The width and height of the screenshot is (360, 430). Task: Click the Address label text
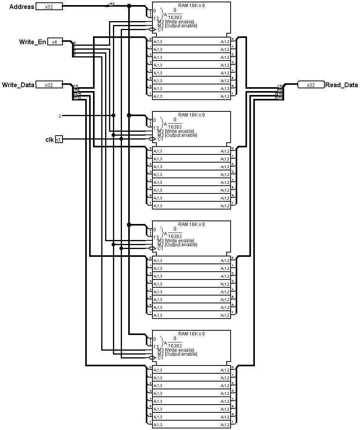(21, 7)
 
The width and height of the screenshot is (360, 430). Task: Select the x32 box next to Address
(49, 7)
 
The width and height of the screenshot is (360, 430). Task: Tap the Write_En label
(32, 42)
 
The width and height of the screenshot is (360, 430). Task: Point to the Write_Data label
(18, 85)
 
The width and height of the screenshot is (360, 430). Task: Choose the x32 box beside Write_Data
(49, 85)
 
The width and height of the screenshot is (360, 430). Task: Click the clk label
(49, 140)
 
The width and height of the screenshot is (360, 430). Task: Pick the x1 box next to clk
(59, 140)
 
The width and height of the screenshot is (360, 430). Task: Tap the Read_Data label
(341, 85)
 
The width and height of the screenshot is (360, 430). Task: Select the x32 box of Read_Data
(311, 85)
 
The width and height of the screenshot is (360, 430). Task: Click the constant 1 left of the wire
(60, 116)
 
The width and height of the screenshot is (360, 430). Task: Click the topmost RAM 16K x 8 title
(191, 5)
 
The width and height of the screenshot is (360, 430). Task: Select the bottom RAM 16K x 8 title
(191, 334)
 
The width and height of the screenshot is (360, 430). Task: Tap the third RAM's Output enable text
(181, 245)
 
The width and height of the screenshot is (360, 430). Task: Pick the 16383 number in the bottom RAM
(175, 346)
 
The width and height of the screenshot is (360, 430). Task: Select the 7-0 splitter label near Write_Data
(75, 86)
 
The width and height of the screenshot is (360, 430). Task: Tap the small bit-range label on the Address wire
(112, 4)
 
